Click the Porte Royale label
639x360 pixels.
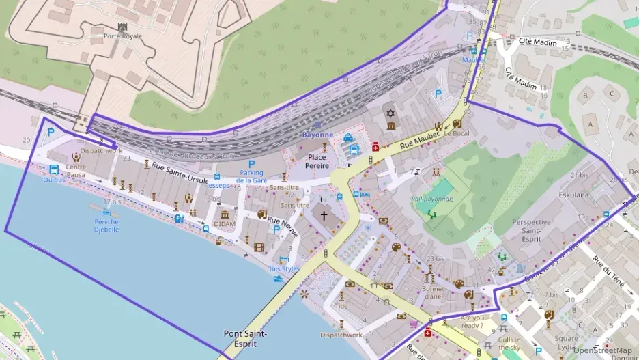point(123,36)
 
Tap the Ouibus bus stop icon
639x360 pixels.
point(54,169)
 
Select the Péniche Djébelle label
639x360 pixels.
point(106,225)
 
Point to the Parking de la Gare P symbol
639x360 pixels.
point(251,165)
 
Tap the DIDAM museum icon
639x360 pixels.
point(224,213)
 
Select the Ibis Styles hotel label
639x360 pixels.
point(285,268)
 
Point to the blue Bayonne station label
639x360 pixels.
point(317,135)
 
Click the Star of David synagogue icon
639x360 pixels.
point(391,113)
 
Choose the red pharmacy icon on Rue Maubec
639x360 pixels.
point(375,146)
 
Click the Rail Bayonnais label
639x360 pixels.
point(432,199)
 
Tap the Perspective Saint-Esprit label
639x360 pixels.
point(531,230)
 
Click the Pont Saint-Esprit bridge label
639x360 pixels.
point(245,338)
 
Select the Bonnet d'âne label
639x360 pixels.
point(432,292)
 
